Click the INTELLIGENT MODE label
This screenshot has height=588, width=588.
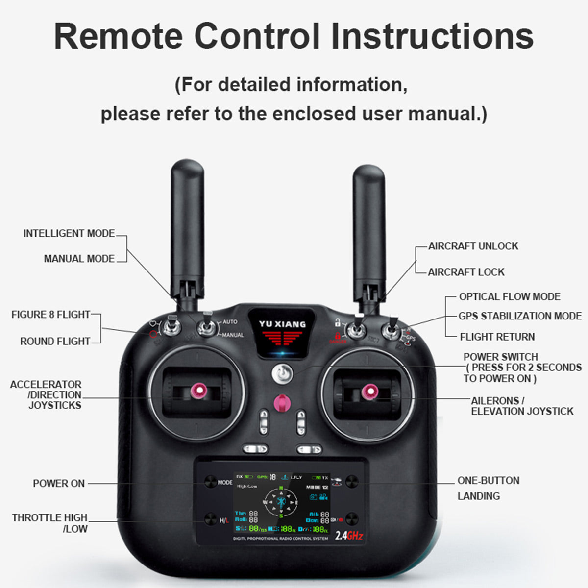pos(69,234)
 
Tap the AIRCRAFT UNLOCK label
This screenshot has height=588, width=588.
pos(473,246)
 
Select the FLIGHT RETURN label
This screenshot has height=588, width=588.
pos(497,337)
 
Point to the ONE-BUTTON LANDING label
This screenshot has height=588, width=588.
pos(488,488)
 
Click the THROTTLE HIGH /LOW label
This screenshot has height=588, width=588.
pos(50,523)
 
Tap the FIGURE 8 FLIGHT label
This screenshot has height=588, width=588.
pos(51,315)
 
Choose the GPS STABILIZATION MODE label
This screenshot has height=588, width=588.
pos(520,316)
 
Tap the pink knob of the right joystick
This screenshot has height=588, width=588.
pos(369,391)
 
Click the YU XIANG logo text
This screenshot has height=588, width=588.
pos(282,324)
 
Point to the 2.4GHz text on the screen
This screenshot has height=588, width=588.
pos(349,536)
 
